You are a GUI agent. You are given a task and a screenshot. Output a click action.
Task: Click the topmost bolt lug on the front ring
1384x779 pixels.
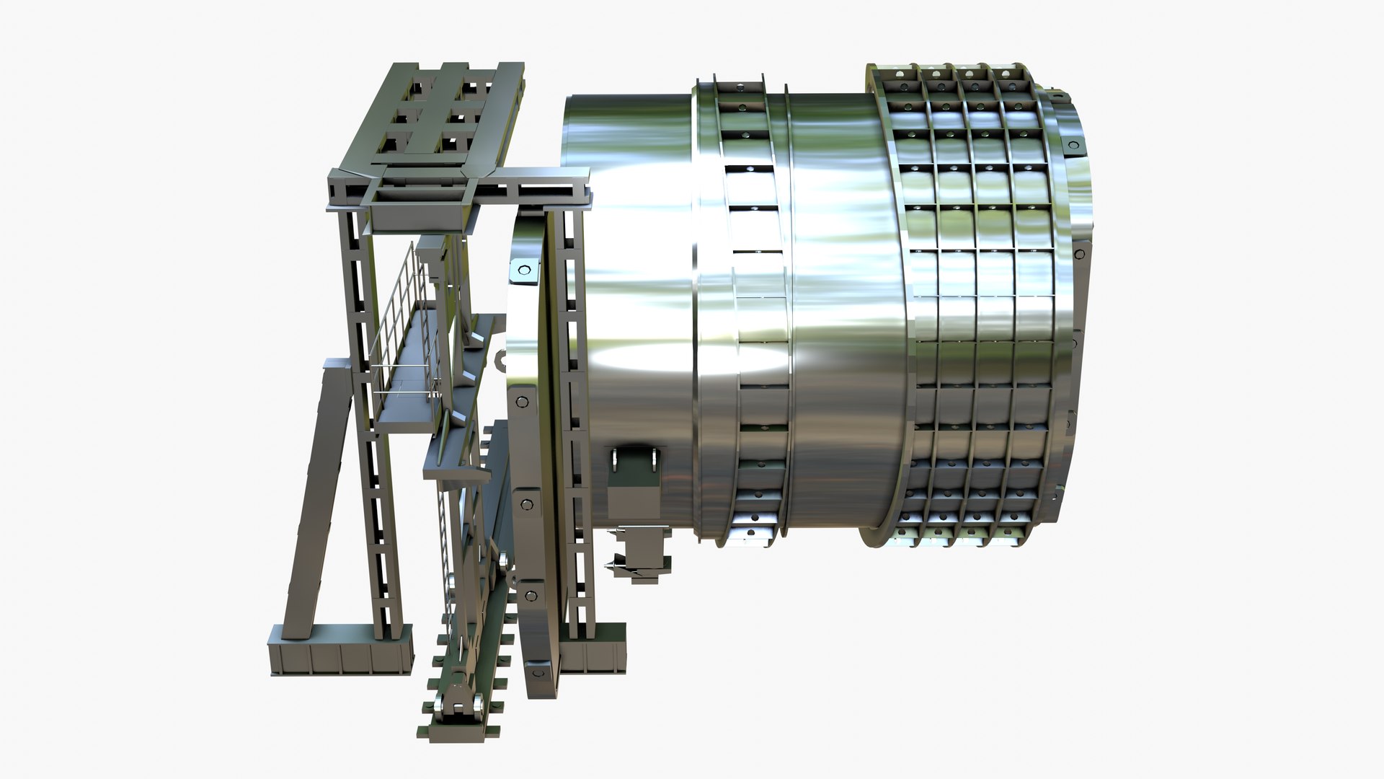click(523, 270)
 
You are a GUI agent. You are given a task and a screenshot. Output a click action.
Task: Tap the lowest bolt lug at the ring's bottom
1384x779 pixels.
click(538, 673)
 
